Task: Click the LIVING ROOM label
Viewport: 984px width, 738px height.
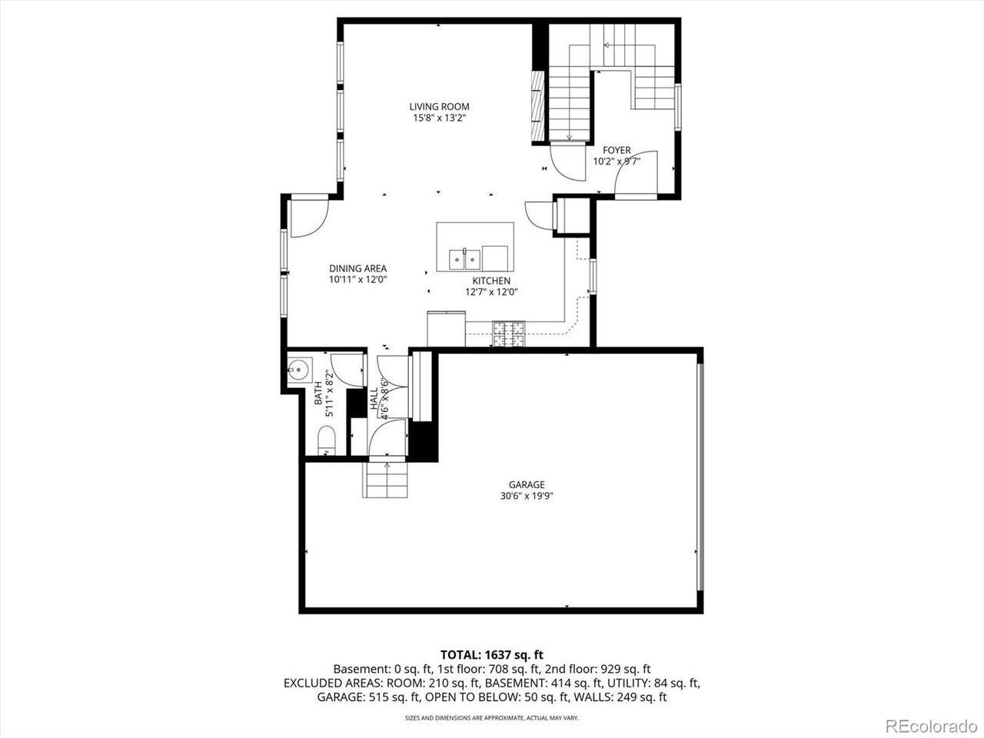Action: [x=439, y=107]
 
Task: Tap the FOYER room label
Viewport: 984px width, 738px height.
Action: [x=617, y=150]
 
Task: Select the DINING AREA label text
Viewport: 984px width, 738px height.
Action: [x=357, y=268]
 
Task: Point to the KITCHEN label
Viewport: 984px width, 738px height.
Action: [x=491, y=281]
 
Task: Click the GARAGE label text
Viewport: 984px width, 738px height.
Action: [x=527, y=484]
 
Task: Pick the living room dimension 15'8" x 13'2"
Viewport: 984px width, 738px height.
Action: [x=439, y=118]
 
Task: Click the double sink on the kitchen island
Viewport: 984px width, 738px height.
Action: [x=464, y=258]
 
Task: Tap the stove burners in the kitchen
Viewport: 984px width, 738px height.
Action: [x=509, y=334]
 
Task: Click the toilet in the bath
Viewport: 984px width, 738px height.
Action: [x=327, y=440]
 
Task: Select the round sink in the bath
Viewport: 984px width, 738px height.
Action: [x=300, y=370]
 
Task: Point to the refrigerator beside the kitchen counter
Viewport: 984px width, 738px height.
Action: [x=446, y=329]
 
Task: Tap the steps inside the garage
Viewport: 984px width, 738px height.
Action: [x=385, y=480]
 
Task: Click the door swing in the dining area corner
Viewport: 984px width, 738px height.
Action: [x=309, y=218]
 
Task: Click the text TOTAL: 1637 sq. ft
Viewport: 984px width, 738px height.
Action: [x=492, y=655]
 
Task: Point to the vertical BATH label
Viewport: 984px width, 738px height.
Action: [x=317, y=393]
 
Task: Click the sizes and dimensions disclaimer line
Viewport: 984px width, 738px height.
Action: [x=492, y=718]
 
